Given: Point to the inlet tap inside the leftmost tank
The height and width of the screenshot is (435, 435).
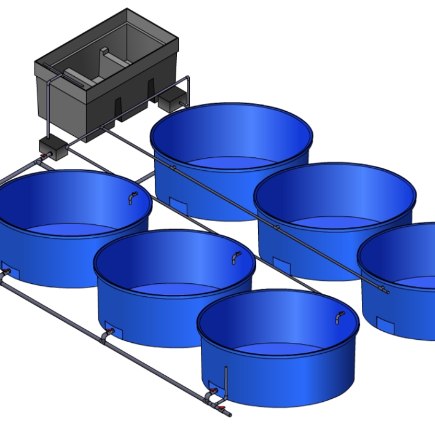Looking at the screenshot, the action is pos(132,197).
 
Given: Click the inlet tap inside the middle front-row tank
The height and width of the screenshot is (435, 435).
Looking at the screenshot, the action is pos(236,257).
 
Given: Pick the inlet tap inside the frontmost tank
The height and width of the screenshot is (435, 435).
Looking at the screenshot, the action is pos(339,317).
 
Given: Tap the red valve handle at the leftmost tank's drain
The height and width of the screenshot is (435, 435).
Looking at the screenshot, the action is pos(7,271).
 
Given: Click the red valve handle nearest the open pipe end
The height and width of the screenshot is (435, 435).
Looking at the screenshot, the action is pos(221,407).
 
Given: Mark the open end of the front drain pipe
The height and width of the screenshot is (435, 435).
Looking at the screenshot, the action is pos(230,414).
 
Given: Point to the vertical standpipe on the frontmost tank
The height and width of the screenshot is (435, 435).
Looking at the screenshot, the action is pos(226,378).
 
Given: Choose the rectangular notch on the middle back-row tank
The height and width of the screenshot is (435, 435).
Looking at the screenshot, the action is pos(282,265).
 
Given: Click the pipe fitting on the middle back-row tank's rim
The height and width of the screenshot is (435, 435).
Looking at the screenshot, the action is pos(276,227).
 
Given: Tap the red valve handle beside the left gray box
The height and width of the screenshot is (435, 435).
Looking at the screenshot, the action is pos(42,161).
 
